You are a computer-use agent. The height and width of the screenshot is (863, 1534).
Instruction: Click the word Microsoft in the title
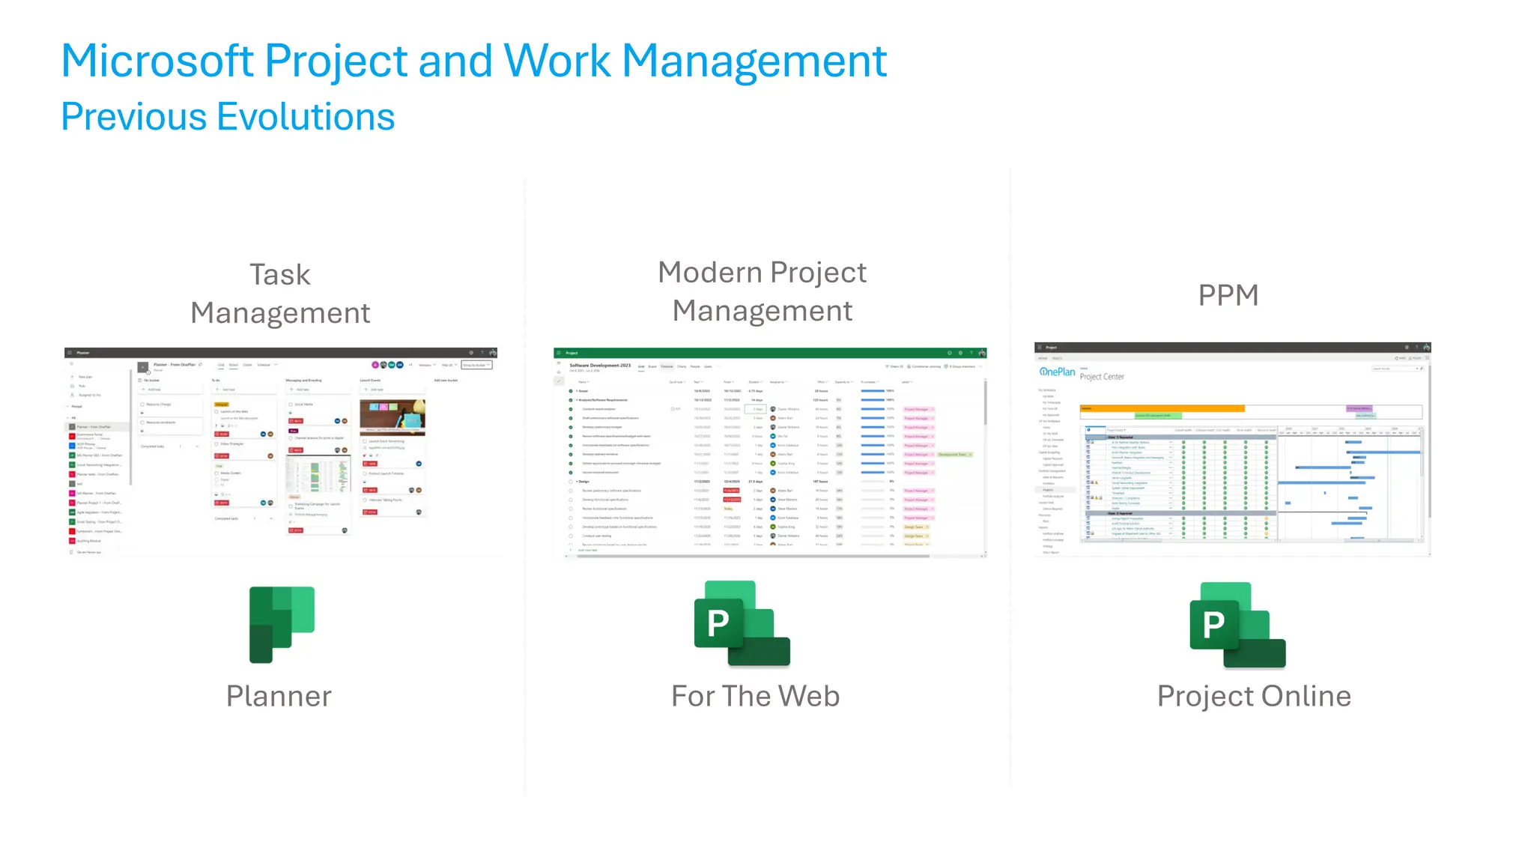point(157,61)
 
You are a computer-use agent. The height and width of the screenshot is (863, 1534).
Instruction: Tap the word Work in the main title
point(557,61)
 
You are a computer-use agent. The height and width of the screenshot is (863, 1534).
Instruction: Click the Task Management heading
point(280,294)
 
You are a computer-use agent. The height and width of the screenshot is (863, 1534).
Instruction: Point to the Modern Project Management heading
point(762,291)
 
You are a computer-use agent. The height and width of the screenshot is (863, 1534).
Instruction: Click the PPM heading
point(1228,295)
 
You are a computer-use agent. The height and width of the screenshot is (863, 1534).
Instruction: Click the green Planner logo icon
point(281,624)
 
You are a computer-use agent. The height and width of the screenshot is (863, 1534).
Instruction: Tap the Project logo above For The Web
point(742,624)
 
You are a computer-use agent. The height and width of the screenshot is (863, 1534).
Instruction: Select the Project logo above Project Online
point(1237,625)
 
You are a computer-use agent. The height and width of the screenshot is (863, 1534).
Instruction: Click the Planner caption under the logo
point(279,696)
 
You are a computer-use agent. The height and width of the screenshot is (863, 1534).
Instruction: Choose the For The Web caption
point(755,696)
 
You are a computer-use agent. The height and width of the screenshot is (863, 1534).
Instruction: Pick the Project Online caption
point(1254,696)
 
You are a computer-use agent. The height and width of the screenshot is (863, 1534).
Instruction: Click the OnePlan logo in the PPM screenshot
point(1057,372)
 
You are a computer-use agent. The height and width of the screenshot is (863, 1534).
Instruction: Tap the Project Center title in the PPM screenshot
point(1102,377)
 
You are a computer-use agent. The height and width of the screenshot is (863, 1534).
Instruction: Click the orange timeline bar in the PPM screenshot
point(1162,408)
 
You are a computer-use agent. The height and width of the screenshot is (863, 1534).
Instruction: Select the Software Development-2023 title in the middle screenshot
point(600,366)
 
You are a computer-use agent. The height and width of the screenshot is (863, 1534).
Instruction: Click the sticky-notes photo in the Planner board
point(392,416)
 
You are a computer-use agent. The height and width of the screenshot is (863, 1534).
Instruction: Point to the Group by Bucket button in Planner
point(476,365)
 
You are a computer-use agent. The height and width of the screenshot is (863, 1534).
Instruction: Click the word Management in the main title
point(754,61)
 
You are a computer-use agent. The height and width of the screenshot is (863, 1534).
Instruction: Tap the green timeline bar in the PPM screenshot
point(1157,415)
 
